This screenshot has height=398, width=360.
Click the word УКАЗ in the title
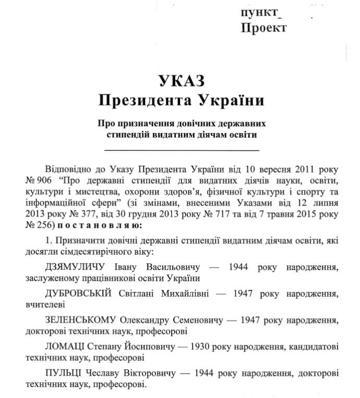coord(179,81)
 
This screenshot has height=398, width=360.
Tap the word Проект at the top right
coord(263,28)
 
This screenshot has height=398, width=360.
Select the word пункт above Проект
coord(260,13)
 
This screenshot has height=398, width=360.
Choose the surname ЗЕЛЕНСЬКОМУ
coord(81,319)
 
